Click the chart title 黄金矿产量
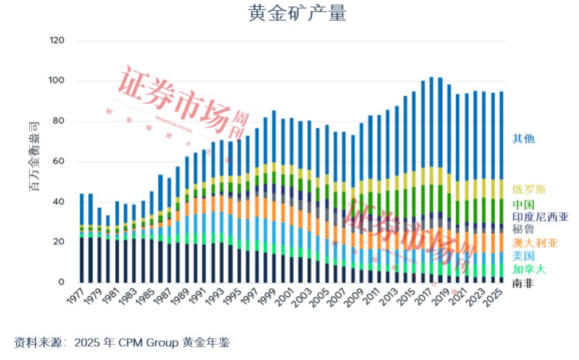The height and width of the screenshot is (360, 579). click(297, 13)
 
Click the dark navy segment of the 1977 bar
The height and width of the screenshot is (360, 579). click(81, 260)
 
